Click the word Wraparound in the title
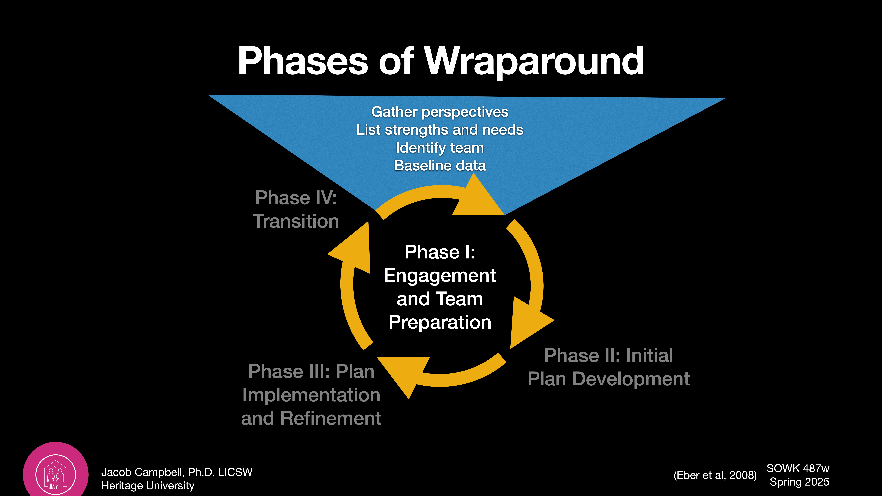click(x=534, y=62)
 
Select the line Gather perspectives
click(x=440, y=112)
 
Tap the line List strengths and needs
click(x=440, y=130)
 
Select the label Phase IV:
click(x=296, y=198)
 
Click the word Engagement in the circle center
click(x=440, y=276)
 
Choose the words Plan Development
click(x=608, y=379)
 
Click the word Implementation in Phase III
click(x=311, y=395)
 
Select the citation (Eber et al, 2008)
click(x=715, y=475)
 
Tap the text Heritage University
click(x=148, y=485)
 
